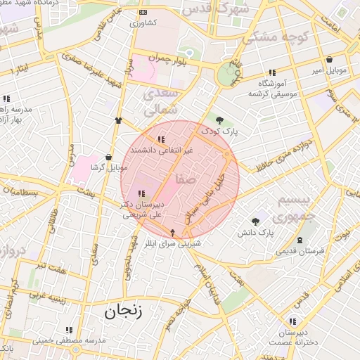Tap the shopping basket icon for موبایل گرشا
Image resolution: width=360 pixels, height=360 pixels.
point(108,157)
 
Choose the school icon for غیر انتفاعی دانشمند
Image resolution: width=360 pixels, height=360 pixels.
point(162,139)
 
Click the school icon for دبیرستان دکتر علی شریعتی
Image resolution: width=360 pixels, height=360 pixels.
point(141,193)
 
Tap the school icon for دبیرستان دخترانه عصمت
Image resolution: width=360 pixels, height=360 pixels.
point(292,321)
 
